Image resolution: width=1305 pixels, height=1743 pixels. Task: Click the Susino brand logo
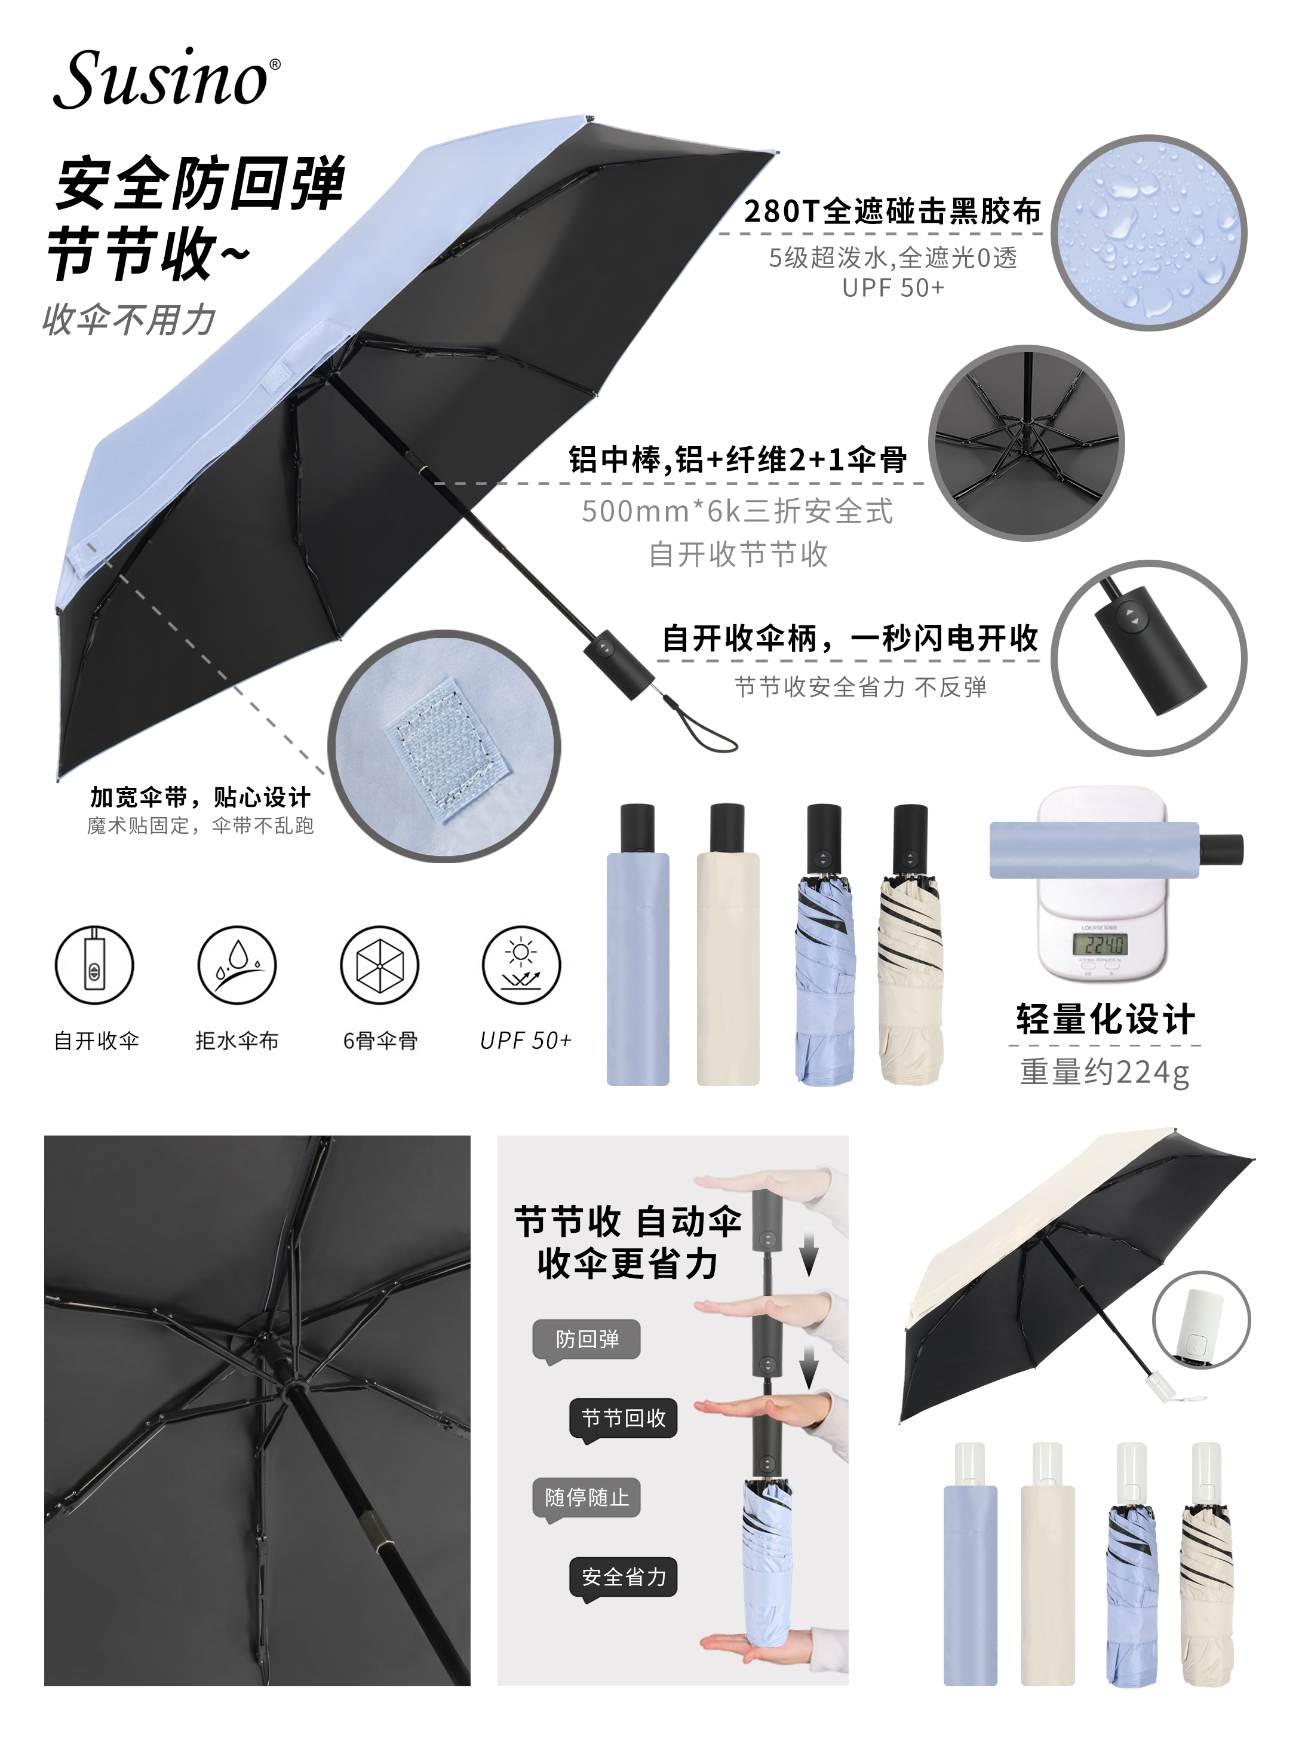pos(166,78)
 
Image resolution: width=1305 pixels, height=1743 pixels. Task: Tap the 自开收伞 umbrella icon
pos(94,965)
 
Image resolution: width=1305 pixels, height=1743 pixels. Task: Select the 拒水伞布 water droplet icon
pos(237,965)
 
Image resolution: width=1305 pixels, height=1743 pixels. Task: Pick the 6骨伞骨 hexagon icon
pos(380,965)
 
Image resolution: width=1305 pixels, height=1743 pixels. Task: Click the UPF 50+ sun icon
pos(521,965)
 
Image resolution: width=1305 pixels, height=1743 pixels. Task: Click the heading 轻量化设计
pos(1105,1019)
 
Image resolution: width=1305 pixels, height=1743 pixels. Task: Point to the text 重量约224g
pos(1104,1072)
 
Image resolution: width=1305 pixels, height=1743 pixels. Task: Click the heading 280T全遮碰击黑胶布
pos(892,211)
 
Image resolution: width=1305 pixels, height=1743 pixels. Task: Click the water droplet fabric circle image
pos(1149,233)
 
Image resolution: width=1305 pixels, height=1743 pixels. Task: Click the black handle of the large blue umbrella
pos(619,664)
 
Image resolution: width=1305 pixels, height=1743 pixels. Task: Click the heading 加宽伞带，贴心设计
pos(200,797)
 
